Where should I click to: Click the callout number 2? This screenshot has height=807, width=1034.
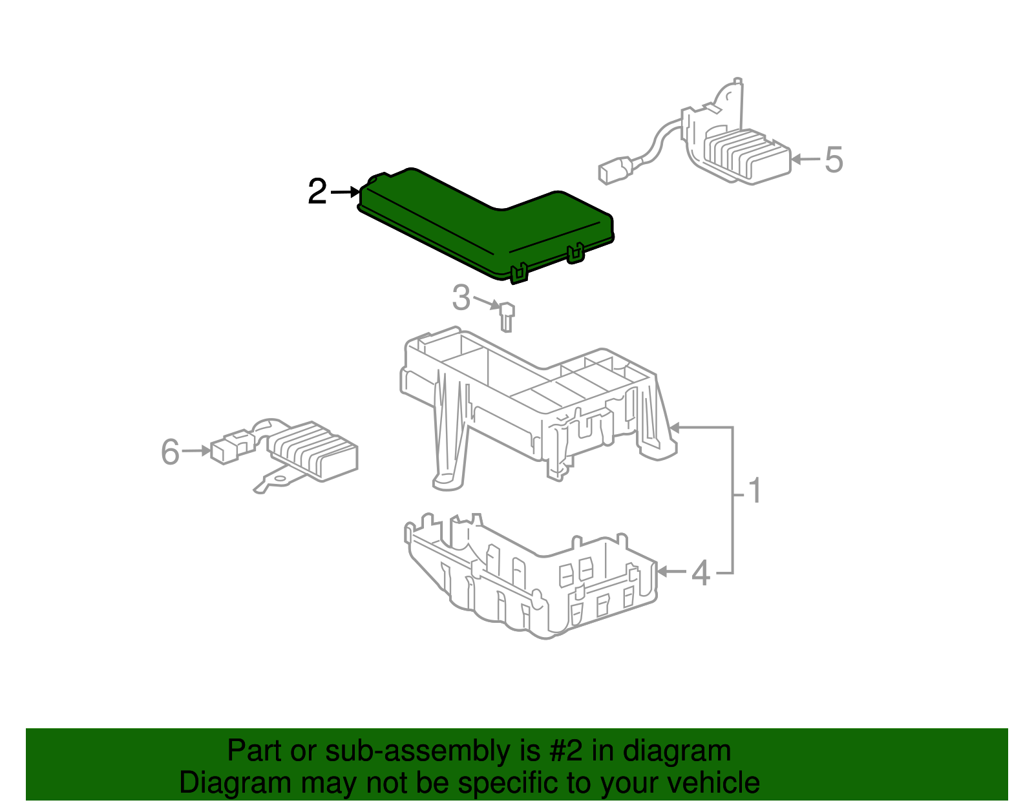coord(317,191)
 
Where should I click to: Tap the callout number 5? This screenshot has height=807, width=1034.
coord(834,160)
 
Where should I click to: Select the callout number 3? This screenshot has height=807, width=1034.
coord(461,298)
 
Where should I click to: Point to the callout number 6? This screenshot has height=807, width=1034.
coord(171,451)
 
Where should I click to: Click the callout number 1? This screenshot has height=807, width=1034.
coord(755,490)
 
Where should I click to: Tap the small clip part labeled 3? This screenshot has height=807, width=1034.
coord(507,316)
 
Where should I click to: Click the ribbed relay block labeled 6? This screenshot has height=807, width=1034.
coord(311,450)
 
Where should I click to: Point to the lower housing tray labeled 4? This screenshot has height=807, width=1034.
coord(531,576)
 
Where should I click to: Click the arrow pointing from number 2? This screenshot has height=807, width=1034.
coord(345,192)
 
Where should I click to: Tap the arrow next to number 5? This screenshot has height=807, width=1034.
coord(805,160)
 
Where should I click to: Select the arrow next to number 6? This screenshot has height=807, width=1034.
coord(196,450)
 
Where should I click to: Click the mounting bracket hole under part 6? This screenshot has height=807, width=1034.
coord(280,479)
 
